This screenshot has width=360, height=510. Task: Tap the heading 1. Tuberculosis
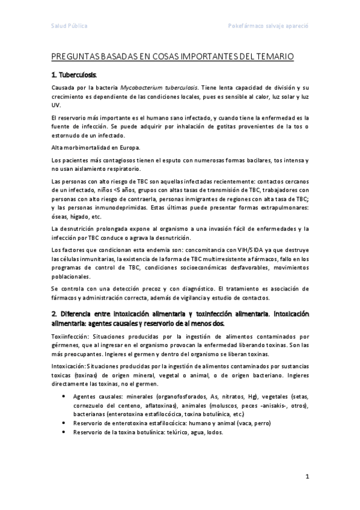(74, 76)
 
